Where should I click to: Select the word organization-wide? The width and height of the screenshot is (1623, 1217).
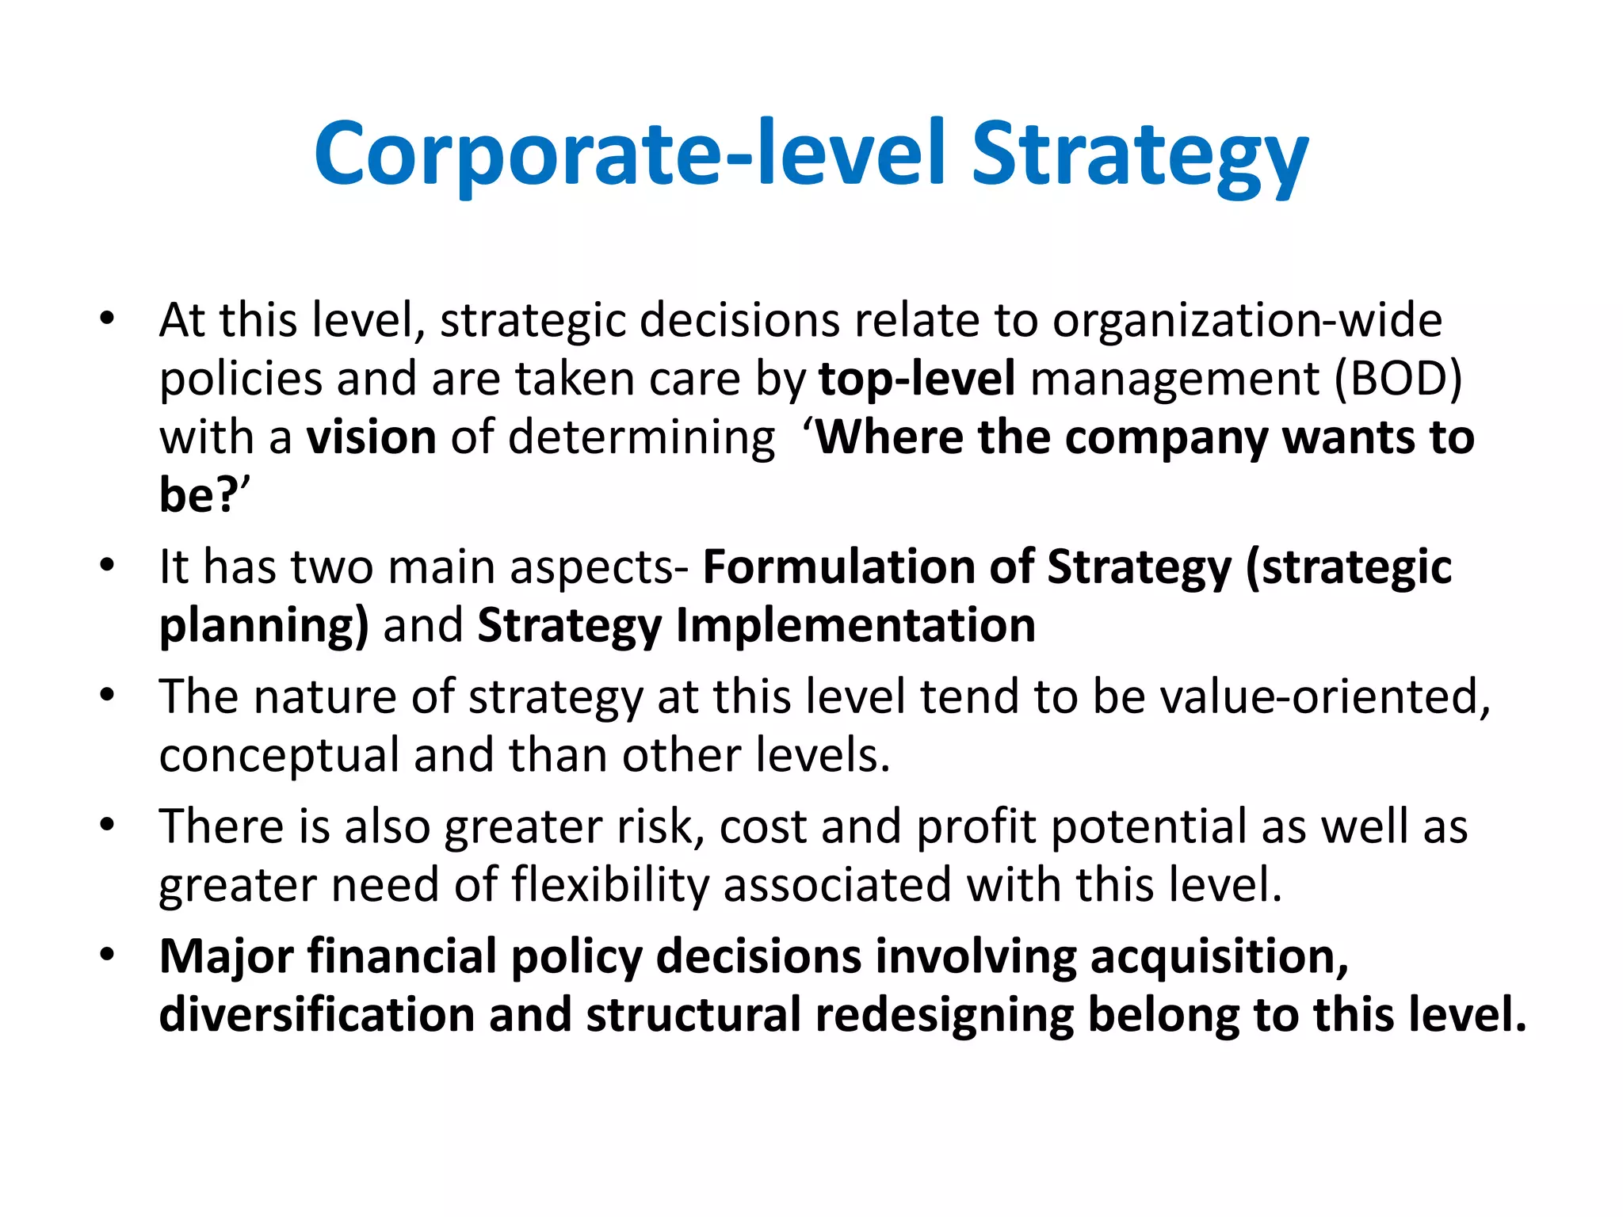pos(1247,321)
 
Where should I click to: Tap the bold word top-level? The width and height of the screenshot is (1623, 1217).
pos(917,379)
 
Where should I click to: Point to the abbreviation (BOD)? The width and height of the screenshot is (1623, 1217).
pos(1399,379)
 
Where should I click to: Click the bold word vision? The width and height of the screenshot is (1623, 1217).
pos(372,437)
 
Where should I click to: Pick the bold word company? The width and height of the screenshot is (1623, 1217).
pos(1167,437)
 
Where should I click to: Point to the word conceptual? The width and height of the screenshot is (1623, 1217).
pos(279,756)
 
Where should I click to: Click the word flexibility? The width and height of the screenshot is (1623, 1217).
pos(610,885)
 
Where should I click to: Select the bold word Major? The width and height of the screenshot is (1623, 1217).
pos(227,957)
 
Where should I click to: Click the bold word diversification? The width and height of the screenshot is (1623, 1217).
pos(316,1015)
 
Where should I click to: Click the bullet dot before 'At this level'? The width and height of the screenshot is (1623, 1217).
pos(107,320)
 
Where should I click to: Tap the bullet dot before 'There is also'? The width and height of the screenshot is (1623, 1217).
pos(107,826)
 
